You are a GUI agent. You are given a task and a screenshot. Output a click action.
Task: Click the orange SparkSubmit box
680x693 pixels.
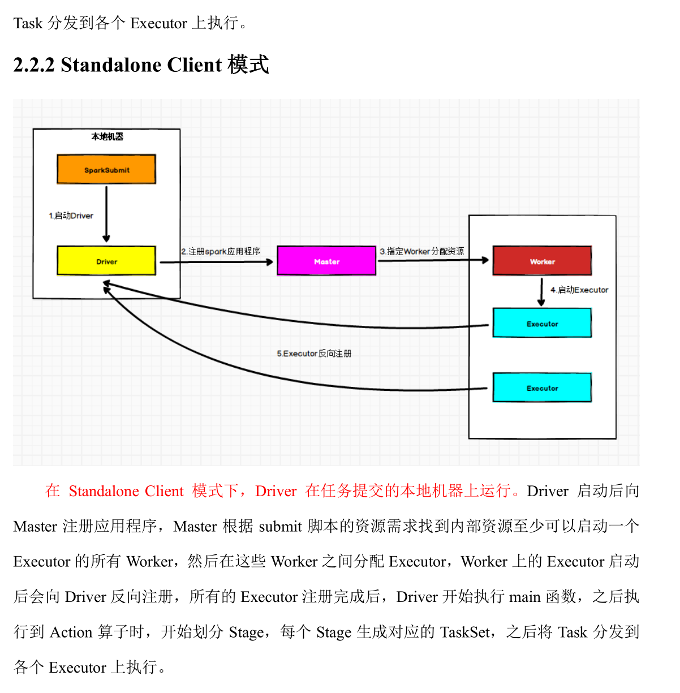click(x=106, y=170)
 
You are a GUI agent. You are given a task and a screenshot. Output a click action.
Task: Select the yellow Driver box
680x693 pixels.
click(x=106, y=261)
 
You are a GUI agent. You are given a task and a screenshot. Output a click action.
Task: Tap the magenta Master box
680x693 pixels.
click(x=326, y=261)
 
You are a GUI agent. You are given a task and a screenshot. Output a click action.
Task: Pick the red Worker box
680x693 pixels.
click(x=542, y=261)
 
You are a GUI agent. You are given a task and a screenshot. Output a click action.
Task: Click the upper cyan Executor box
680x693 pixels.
click(x=542, y=324)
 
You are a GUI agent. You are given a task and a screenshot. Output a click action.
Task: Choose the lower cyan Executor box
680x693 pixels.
click(x=542, y=388)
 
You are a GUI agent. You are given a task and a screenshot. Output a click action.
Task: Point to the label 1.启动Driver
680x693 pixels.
click(x=71, y=216)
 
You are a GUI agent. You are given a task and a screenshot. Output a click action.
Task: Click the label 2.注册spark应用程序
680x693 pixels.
click(x=221, y=251)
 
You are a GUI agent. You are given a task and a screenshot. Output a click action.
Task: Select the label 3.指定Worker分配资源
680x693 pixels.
click(x=422, y=251)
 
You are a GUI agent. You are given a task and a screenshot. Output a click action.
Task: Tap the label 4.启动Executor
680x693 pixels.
click(x=580, y=290)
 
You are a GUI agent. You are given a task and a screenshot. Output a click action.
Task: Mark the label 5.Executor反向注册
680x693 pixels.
click(x=314, y=354)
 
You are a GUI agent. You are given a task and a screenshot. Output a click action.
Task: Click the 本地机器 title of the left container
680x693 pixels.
click(x=107, y=136)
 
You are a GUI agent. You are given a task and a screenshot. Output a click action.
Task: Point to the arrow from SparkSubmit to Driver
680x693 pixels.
click(x=106, y=214)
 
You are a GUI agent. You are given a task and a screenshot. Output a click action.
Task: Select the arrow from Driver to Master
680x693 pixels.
click(x=216, y=262)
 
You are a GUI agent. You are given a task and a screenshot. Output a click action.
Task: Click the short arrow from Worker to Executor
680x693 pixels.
click(x=541, y=292)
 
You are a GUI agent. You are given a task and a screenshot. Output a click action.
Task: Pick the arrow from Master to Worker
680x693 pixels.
click(x=433, y=260)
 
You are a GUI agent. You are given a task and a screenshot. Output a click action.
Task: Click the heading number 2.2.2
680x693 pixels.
click(x=34, y=65)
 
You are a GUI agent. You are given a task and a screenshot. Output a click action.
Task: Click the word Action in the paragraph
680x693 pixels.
click(x=71, y=632)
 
